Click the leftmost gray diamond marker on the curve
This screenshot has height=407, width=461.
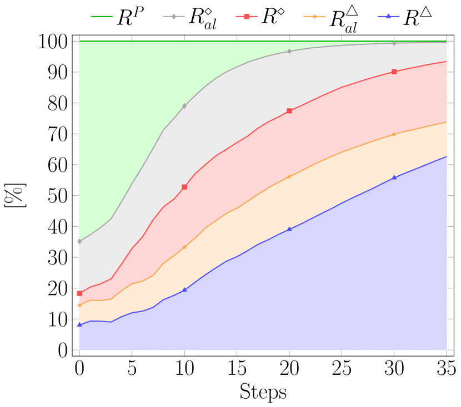[79, 241]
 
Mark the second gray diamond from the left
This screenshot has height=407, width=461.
[184, 105]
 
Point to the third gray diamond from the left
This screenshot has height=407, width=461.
[289, 51]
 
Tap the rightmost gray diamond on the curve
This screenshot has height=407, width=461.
[394, 43]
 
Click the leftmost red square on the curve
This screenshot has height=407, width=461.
[79, 293]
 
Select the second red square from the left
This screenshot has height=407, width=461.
[184, 187]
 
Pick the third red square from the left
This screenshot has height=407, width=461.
[289, 111]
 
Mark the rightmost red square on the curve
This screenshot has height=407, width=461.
[394, 72]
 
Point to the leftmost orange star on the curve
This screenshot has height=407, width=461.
[79, 306]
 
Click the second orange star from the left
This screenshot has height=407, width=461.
[184, 247]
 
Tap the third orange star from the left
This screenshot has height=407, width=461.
[289, 176]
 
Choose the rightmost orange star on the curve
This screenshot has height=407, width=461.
[394, 134]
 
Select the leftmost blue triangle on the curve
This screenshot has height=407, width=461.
[79, 324]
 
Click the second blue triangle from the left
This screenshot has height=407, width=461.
[184, 289]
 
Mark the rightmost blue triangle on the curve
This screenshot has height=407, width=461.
[394, 177]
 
